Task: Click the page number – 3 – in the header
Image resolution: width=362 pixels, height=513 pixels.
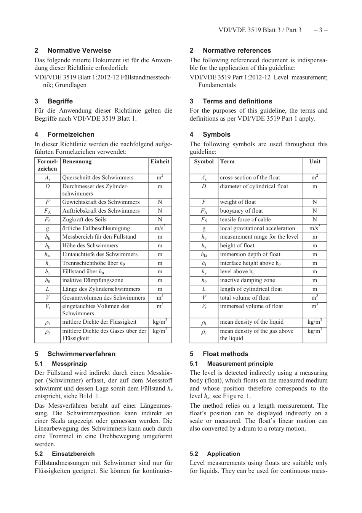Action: [x=320, y=30]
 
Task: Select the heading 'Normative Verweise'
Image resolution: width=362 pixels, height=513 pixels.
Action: [x=79, y=50]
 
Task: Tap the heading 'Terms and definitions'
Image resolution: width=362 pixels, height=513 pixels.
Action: [x=237, y=101]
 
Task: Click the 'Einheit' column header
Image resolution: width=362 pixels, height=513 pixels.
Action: [x=160, y=161]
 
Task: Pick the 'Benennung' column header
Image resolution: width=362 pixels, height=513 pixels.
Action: [x=77, y=161]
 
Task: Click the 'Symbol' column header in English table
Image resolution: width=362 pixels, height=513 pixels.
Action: [x=204, y=161]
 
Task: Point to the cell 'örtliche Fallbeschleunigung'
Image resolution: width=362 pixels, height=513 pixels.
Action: [x=96, y=228]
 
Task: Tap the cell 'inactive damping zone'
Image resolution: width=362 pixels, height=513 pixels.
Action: [x=247, y=280]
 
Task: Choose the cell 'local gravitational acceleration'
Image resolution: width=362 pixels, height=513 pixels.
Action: [x=257, y=228]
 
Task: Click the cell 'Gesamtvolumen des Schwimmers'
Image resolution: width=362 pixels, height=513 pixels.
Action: [x=104, y=298]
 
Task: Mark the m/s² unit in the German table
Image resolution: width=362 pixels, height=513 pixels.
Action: [x=160, y=228]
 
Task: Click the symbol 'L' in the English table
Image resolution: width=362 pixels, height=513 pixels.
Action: [x=204, y=289]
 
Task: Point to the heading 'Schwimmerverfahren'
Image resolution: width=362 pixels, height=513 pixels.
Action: [x=81, y=354]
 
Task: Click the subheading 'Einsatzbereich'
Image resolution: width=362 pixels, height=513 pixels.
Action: [x=73, y=454]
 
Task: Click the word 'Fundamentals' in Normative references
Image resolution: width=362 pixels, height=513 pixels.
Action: [x=217, y=85]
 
